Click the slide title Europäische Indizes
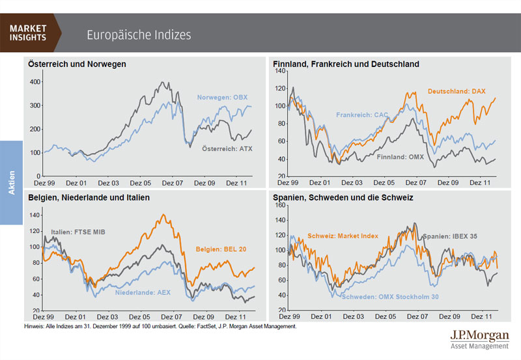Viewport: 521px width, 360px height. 139,35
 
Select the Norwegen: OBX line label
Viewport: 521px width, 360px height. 223,98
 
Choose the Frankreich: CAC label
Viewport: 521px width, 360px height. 362,115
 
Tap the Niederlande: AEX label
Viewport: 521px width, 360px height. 143,292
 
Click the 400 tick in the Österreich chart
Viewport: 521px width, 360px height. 35,82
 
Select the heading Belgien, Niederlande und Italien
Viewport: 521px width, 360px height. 89,197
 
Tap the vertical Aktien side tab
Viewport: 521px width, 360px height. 12,183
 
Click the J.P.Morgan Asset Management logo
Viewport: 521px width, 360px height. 479,339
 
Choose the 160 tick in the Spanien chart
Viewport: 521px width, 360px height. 281,204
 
